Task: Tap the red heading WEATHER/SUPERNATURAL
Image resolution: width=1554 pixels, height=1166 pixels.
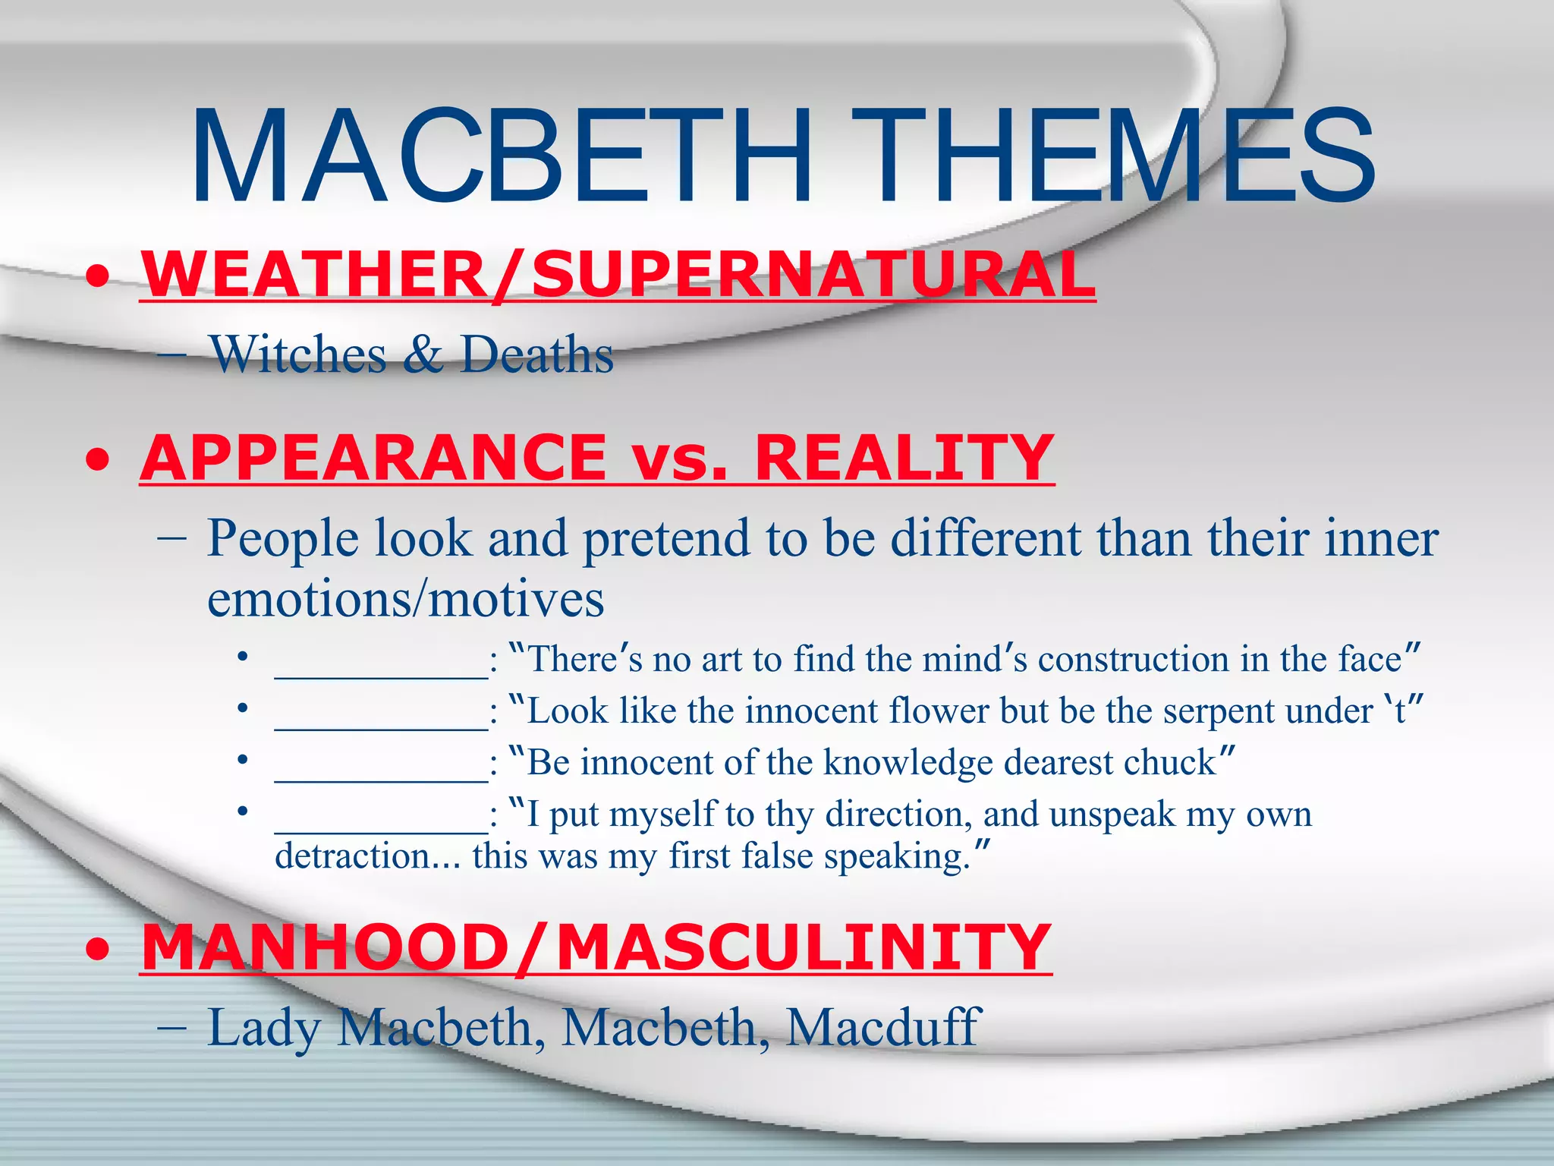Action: click(x=618, y=275)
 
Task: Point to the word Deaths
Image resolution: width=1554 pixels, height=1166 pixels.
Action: click(x=537, y=355)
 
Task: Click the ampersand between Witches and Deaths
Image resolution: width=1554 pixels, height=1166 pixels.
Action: click(x=423, y=355)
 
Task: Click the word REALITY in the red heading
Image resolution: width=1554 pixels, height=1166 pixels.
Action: click(x=903, y=458)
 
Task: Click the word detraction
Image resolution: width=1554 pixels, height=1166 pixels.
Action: click(x=353, y=857)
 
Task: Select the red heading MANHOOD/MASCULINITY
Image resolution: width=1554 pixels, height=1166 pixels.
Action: click(x=596, y=948)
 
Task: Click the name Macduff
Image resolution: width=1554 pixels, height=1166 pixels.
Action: click(x=883, y=1028)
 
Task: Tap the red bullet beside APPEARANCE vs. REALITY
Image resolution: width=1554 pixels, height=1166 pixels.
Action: click(x=97, y=460)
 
